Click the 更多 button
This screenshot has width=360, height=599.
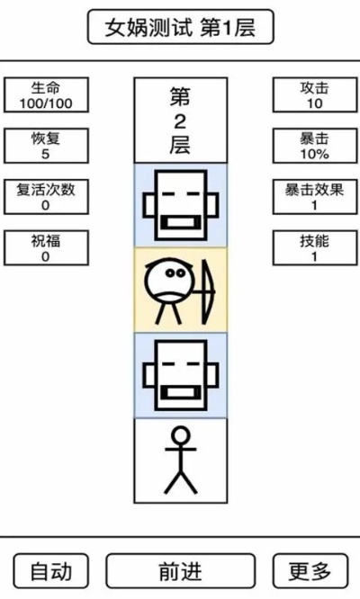coord(310,570)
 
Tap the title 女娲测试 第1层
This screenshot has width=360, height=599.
coord(180,28)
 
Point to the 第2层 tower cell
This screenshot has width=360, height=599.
coord(180,120)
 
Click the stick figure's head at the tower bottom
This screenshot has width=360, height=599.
coord(180,439)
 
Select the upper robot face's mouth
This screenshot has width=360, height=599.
coord(180,221)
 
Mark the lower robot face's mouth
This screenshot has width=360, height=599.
coord(180,391)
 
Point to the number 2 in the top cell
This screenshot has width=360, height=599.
coord(180,121)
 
